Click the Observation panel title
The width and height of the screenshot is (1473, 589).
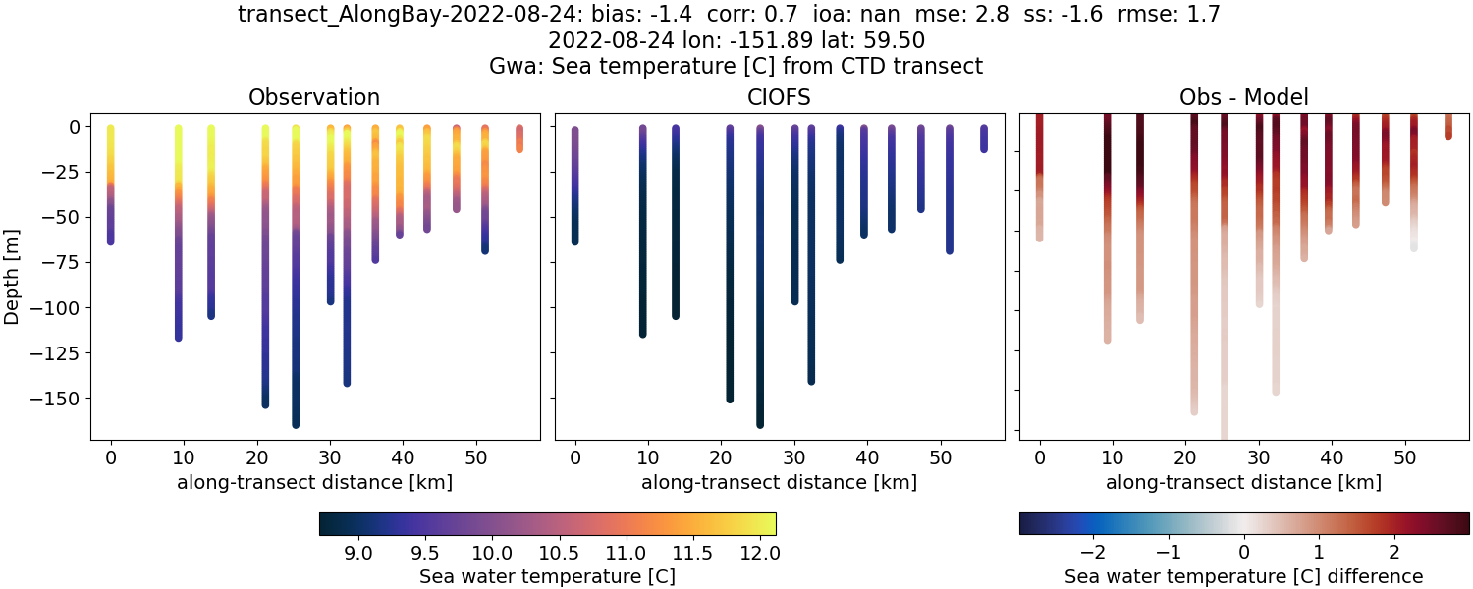(x=314, y=97)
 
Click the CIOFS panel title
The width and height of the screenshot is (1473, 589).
(x=779, y=97)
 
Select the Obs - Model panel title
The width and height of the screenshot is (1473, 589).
(x=1243, y=97)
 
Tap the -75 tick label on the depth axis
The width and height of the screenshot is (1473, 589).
(x=65, y=262)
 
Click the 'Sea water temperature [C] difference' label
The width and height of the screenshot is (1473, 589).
(x=1243, y=576)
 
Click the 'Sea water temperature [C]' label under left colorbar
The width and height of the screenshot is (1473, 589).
(x=547, y=576)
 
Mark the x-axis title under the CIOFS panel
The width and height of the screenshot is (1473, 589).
(x=779, y=482)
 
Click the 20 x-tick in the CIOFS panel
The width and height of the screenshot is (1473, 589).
(x=721, y=457)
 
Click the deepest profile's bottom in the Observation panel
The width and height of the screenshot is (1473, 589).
(x=296, y=423)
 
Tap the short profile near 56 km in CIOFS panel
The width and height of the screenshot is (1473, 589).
(x=984, y=138)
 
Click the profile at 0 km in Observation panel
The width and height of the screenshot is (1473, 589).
(x=111, y=187)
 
